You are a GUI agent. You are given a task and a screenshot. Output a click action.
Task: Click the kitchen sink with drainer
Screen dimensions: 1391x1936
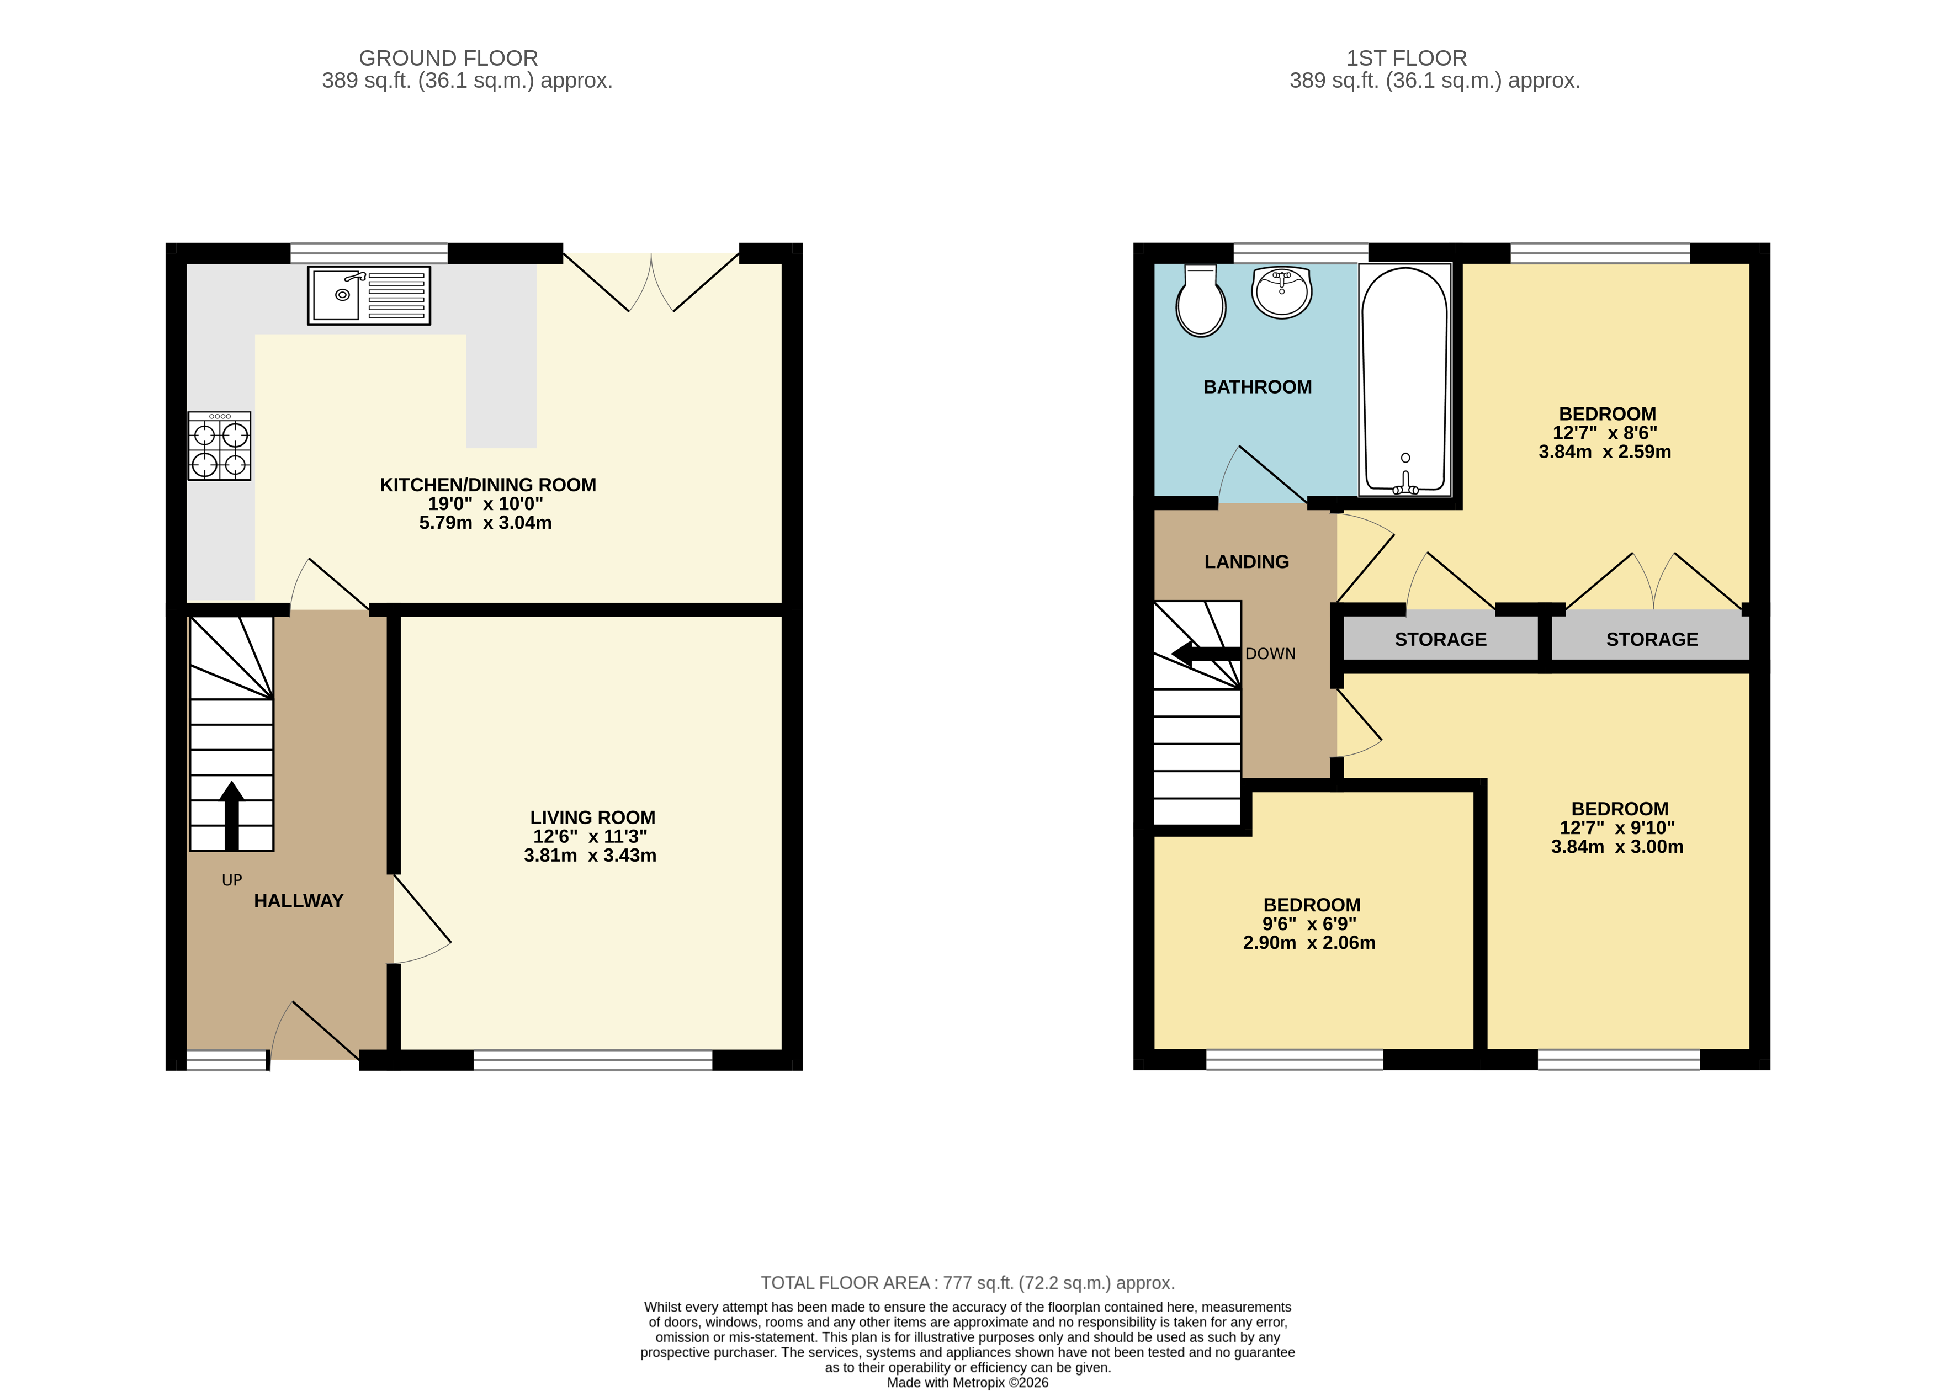coord(369,295)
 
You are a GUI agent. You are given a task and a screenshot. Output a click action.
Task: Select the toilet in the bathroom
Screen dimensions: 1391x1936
coord(1201,300)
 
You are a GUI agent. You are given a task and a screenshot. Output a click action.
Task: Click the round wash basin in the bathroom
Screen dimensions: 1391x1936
coord(1281,292)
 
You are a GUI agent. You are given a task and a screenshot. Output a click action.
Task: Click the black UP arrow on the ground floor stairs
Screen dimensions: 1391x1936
coord(231,814)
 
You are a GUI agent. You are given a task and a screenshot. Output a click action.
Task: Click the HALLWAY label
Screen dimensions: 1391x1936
coord(298,901)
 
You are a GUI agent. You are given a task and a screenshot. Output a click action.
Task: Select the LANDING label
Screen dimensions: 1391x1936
coord(1247,561)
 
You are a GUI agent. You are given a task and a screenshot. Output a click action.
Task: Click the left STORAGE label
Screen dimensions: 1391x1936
coord(1440,639)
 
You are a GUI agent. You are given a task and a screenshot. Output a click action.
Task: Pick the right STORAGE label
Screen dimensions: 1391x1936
coord(1652,639)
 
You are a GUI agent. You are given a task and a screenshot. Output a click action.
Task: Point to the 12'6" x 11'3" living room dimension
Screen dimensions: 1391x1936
coord(590,836)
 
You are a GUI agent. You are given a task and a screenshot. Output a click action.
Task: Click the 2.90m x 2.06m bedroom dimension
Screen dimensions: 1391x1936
coord(1308,943)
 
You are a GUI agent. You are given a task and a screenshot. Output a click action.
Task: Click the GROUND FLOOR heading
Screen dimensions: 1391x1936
coord(448,58)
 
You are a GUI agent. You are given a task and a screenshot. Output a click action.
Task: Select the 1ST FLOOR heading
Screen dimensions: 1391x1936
coord(1406,58)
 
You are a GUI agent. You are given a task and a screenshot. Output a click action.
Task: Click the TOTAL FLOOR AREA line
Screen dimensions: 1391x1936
coord(967,1283)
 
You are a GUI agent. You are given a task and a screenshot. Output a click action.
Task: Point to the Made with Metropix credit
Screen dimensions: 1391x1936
coord(967,1383)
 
